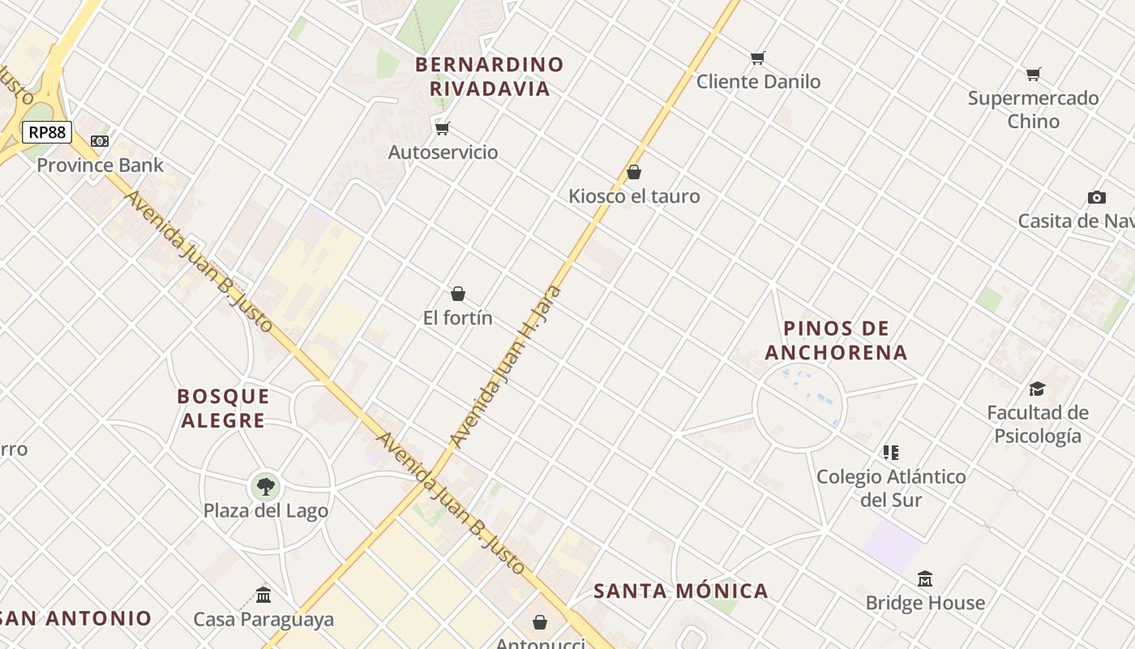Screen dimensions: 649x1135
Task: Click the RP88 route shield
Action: [47, 132]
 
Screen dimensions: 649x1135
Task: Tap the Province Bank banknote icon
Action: [100, 141]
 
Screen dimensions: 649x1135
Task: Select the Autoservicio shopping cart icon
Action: [442, 128]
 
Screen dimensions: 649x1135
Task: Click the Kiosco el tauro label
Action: [634, 196]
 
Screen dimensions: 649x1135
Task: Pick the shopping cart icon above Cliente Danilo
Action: [757, 58]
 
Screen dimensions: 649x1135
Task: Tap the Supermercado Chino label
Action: [1033, 110]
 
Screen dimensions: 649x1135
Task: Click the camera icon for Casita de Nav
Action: [1096, 197]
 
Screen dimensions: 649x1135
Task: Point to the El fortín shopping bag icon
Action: [458, 294]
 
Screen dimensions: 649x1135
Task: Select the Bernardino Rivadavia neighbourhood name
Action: [490, 76]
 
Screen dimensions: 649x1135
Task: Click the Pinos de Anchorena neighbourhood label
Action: [836, 341]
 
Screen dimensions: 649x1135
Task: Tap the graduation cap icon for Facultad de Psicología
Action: [1037, 389]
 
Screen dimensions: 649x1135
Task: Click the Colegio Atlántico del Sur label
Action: [891, 488]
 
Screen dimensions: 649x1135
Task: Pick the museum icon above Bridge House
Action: [925, 579]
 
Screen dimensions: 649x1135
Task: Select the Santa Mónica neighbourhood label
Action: [681, 591]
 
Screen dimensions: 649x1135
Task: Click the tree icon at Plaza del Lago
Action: [265, 487]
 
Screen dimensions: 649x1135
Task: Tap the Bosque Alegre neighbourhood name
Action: [223, 408]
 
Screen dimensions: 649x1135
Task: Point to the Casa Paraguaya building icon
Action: [263, 595]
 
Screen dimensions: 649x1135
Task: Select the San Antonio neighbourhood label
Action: [77, 618]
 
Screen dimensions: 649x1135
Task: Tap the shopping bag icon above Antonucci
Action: [540, 622]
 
